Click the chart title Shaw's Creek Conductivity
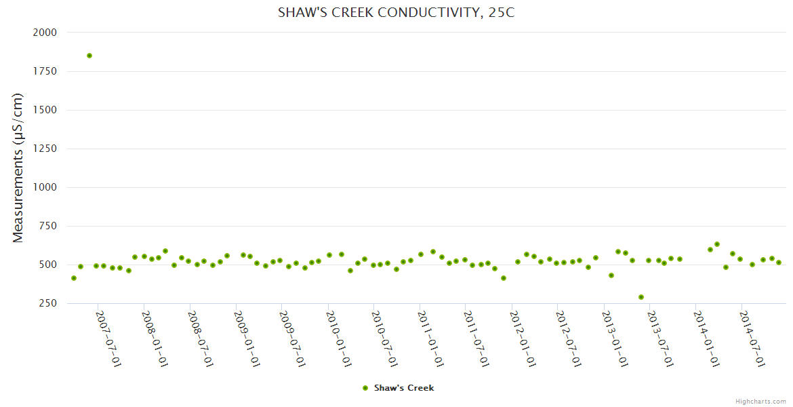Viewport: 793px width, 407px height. click(396, 12)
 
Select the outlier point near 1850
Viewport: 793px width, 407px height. click(89, 56)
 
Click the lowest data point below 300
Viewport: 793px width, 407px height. click(641, 297)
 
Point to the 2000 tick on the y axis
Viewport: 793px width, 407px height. click(45, 33)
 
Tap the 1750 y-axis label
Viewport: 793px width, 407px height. click(45, 71)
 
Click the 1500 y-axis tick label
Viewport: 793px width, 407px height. click(45, 110)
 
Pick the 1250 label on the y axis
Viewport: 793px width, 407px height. click(45, 149)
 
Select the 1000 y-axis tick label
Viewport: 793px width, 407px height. click(45, 187)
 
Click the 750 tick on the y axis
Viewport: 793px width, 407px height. click(47, 226)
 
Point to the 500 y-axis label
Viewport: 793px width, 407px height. click(47, 265)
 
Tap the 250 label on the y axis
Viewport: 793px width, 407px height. click(47, 303)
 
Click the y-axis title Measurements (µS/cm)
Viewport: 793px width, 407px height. click(18, 168)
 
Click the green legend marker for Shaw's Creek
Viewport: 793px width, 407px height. click(365, 388)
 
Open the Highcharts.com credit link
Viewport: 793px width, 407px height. click(760, 401)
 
